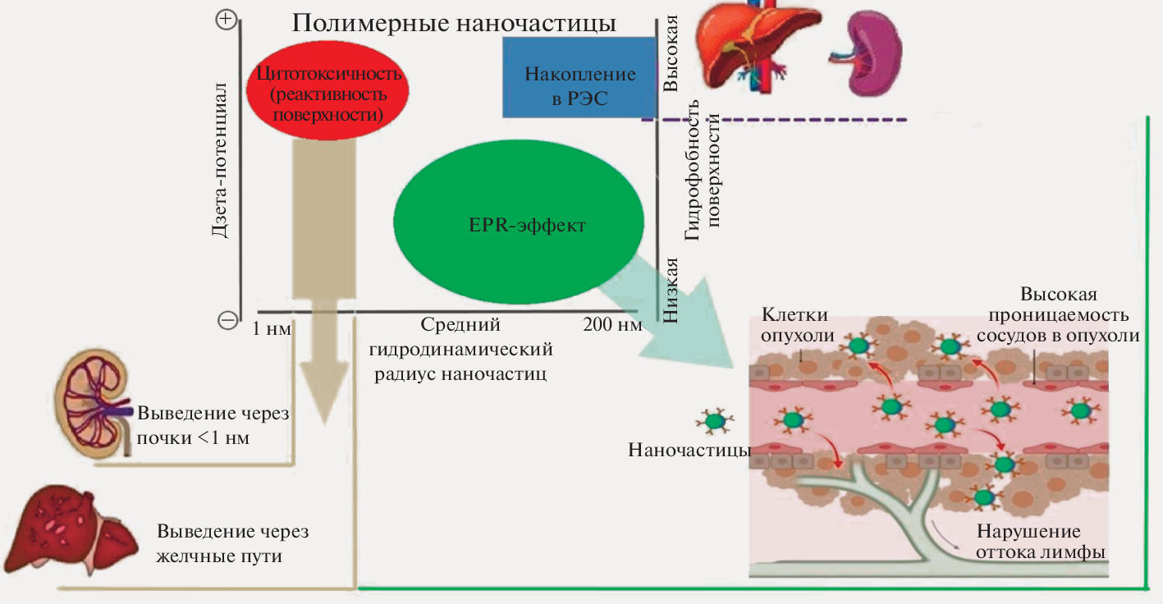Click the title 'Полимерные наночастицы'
click(x=454, y=22)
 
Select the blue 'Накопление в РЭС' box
click(x=579, y=85)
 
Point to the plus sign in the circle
click(x=226, y=20)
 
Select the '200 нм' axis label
click(x=611, y=324)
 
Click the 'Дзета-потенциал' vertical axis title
click(x=219, y=159)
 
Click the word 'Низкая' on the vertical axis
click(x=672, y=291)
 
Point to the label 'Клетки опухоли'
click(x=794, y=324)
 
